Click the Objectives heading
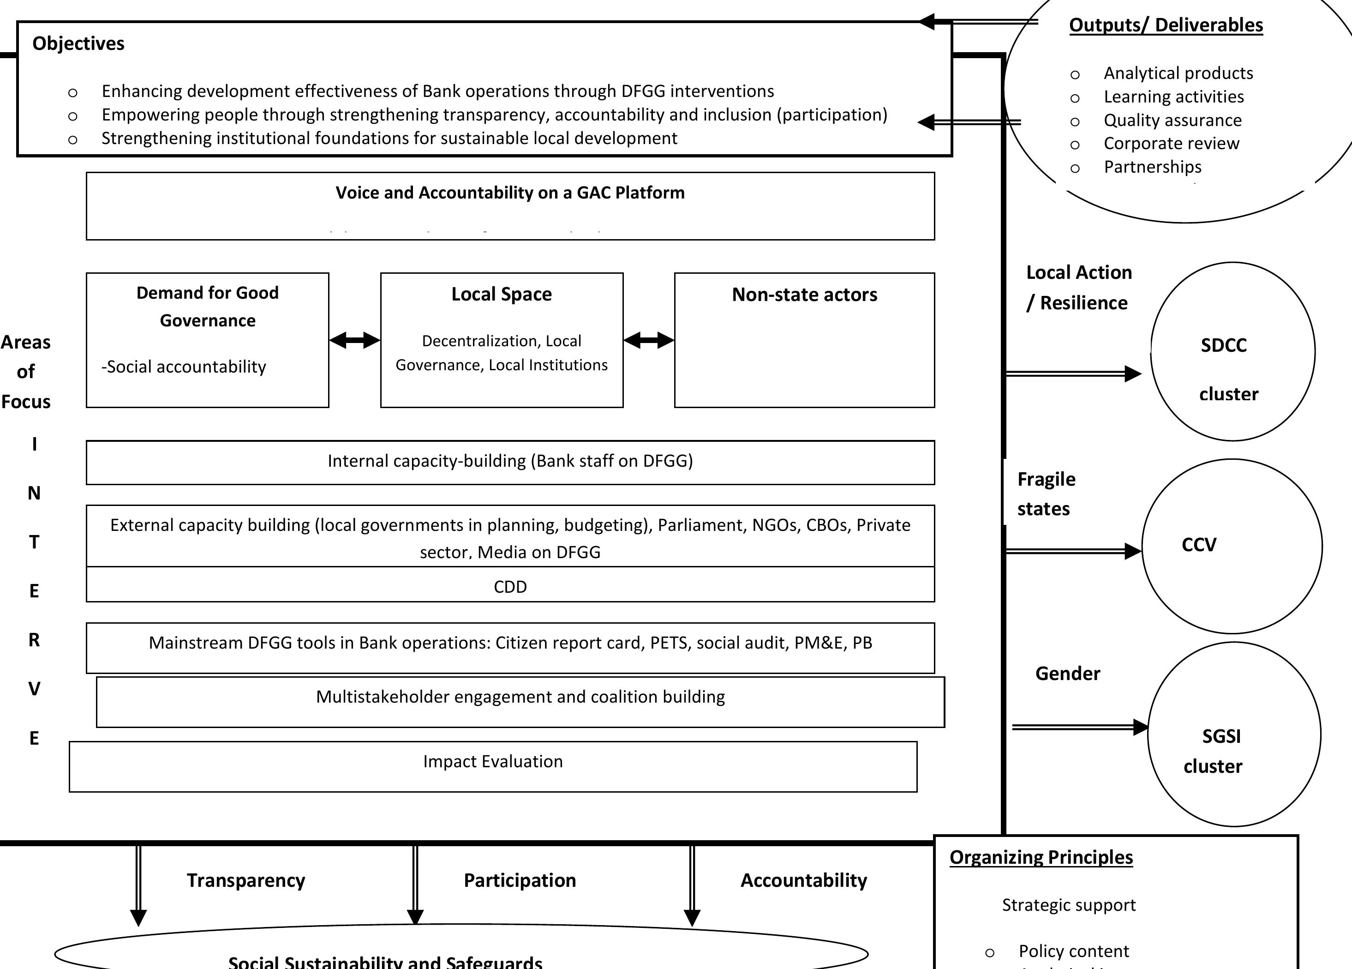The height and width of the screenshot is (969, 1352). [78, 43]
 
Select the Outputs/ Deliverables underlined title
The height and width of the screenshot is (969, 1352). [1166, 25]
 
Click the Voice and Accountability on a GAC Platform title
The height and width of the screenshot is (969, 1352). [510, 193]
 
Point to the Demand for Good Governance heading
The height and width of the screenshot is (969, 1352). [208, 307]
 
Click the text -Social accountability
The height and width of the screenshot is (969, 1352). [184, 367]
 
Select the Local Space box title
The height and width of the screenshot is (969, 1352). [501, 294]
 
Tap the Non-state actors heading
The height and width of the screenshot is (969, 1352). [804, 295]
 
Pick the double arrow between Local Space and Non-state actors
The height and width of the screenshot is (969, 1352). [649, 341]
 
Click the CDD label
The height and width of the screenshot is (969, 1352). [510, 587]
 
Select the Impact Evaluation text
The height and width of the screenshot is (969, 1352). [492, 761]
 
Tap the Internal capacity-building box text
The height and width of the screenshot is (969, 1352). [510, 461]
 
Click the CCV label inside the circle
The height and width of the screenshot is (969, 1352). [1198, 544]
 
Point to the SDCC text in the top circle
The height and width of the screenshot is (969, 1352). [1223, 345]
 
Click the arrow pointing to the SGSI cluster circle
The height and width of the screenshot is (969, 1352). [1079, 727]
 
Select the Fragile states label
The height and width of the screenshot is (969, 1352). [1046, 494]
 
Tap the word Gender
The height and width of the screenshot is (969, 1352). [1067, 673]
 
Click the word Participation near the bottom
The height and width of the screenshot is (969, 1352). [519, 880]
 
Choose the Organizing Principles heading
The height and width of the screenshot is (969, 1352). [1041, 857]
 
